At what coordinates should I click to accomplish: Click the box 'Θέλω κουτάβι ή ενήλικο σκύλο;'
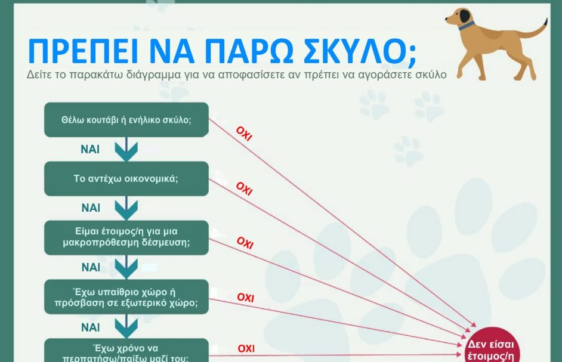tap(126, 119)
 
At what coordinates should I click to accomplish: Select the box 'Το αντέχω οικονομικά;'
tap(126, 178)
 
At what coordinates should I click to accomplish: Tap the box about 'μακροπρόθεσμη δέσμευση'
tap(126, 237)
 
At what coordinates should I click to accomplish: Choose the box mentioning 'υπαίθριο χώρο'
tap(126, 296)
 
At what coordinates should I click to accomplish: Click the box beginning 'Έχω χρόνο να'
tap(126, 351)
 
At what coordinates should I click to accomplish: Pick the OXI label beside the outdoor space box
tap(246, 297)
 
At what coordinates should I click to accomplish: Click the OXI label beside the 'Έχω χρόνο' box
tap(246, 348)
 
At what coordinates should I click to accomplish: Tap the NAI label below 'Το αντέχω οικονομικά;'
tap(91, 208)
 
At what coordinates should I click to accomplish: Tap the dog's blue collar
tap(466, 26)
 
